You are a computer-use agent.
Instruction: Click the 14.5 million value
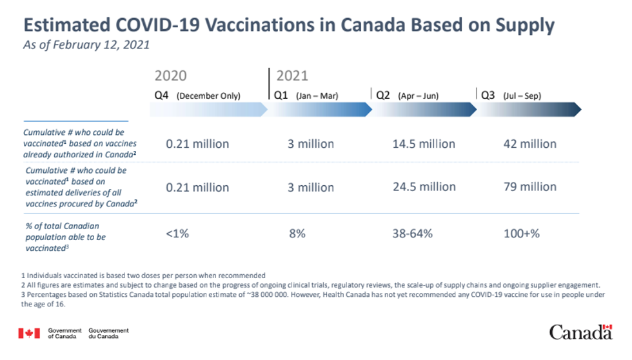(424, 144)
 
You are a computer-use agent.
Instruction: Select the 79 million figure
(529, 187)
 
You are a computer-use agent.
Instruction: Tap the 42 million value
(529, 144)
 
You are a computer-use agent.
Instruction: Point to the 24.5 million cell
(424, 187)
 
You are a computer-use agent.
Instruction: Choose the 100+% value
(521, 234)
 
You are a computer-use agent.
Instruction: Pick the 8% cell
(297, 234)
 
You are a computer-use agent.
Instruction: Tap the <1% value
(177, 234)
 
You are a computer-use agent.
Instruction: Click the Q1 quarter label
(281, 95)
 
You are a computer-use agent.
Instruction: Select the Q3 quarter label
(488, 95)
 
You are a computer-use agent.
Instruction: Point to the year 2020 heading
(170, 75)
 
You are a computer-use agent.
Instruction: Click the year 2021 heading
(292, 75)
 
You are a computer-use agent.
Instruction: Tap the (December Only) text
(208, 96)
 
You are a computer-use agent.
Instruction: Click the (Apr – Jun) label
(418, 96)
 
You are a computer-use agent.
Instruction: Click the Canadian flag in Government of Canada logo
(29, 333)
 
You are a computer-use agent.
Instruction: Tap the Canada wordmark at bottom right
(580, 332)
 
